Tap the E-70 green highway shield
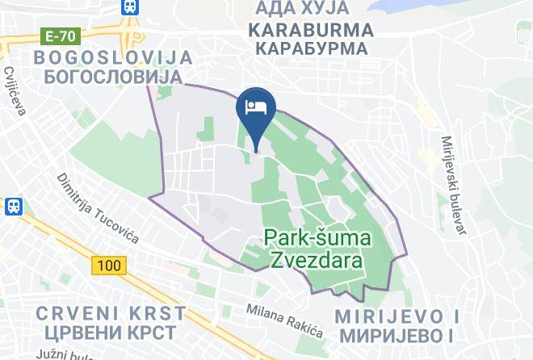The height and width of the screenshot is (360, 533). (61, 36)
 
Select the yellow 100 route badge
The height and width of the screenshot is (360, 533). (105, 265)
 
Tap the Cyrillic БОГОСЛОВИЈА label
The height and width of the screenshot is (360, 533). (111, 76)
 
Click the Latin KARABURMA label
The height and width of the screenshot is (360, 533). (311, 30)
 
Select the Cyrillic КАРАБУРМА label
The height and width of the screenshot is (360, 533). (311, 48)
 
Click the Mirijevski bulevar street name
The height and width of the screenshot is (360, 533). (454, 185)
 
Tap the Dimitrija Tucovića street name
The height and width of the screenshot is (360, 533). (99, 208)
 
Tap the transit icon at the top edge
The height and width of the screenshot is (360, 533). (128, 6)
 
